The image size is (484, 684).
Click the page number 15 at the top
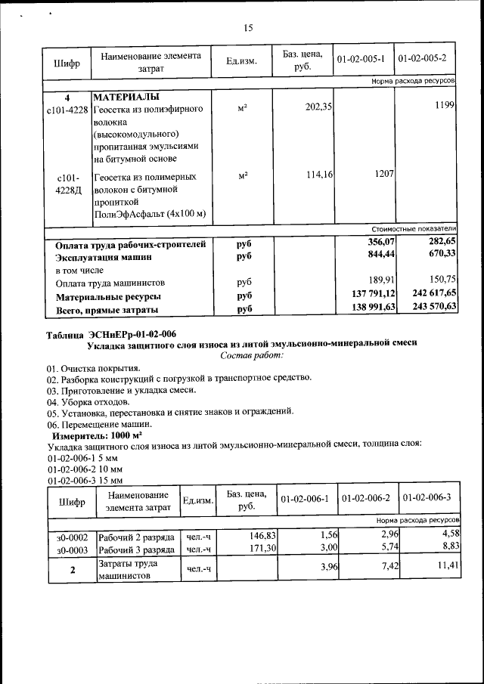click(x=247, y=28)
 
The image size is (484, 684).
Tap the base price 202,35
click(x=319, y=108)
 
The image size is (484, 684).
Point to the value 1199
click(x=444, y=108)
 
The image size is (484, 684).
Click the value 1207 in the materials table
click(x=383, y=174)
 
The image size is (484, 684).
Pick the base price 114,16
click(x=319, y=175)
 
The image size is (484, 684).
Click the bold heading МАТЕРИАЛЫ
click(x=126, y=97)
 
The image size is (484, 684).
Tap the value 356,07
click(x=382, y=241)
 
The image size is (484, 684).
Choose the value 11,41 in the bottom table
click(x=448, y=564)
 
